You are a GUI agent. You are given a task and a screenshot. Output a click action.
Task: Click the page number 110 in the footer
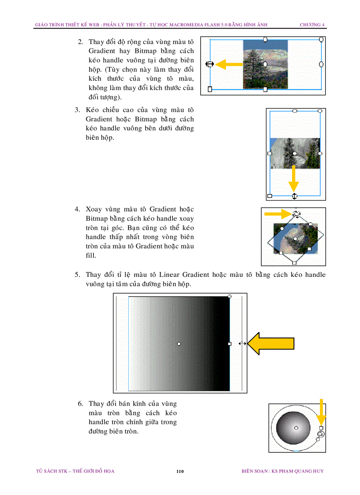tap(180, 472)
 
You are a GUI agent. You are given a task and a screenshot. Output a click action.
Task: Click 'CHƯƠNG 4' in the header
tap(312, 25)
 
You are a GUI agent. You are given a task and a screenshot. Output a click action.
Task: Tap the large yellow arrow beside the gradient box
tap(270, 343)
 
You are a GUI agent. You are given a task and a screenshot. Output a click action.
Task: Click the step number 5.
tap(77, 275)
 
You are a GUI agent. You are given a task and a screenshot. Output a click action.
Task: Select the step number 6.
tap(80, 404)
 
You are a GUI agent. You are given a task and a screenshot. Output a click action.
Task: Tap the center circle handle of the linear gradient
tap(179, 343)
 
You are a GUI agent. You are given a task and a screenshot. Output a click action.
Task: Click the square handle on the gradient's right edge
tap(229, 343)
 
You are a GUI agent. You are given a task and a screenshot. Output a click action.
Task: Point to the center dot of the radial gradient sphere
tap(296, 428)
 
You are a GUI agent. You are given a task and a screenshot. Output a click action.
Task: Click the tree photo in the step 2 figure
tap(265, 64)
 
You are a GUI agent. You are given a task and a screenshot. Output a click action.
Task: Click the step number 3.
tap(77, 110)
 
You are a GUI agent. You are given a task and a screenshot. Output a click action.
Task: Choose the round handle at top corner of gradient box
tap(229, 297)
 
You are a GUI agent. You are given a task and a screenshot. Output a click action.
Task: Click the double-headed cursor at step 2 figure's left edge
tap(210, 64)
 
